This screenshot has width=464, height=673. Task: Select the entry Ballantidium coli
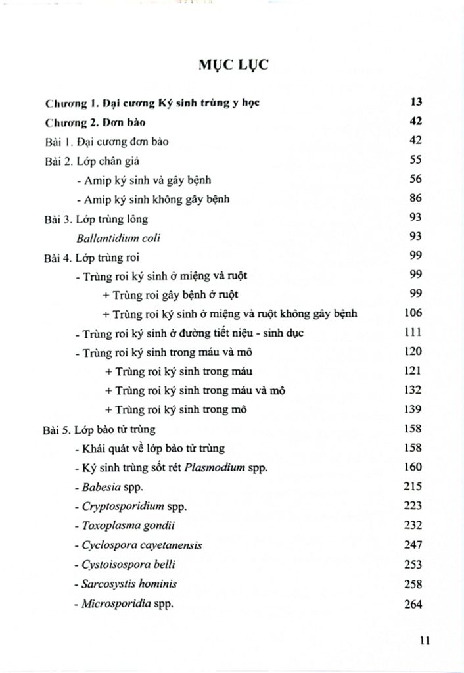[118, 237]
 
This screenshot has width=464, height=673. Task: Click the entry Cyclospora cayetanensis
[138, 545]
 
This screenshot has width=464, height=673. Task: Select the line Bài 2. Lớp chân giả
[91, 160]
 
